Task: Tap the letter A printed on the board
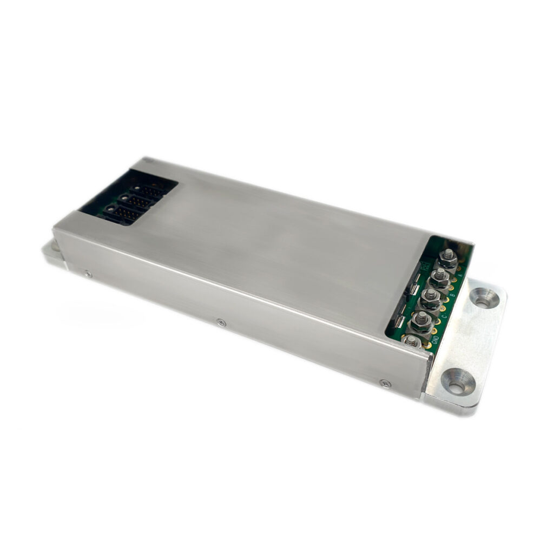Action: coord(460,275)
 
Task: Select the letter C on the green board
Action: coord(444,316)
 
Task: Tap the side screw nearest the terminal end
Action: coord(385,383)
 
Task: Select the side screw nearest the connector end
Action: coord(87,274)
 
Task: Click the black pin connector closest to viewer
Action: coord(122,213)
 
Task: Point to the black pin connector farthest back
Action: coord(149,191)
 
